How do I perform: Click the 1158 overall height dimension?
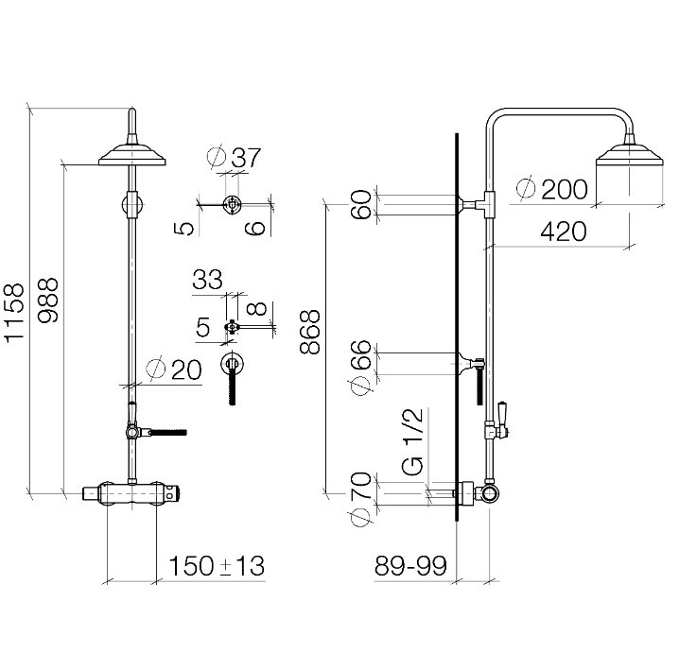15,313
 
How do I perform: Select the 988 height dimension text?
48,300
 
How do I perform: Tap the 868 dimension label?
310,332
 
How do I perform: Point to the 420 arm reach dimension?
564,232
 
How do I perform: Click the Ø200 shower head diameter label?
552,189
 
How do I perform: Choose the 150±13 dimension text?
216,566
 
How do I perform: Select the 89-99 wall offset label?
410,566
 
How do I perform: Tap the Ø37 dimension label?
235,157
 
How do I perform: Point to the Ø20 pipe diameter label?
174,369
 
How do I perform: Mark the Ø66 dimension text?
361,369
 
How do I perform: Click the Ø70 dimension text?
361,499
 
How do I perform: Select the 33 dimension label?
207,279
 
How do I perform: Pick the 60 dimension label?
361,204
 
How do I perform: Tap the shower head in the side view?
630,154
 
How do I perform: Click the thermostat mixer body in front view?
131,493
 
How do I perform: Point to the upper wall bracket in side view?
477,204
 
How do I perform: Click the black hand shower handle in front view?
168,432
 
